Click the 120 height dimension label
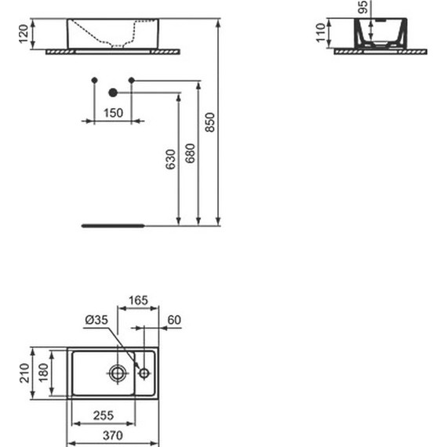pos(24,34)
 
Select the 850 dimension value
pos(210,122)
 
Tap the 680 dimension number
pos(190,154)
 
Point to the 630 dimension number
pos(170,159)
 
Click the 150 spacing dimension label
pos(113,113)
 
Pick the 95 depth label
pos(362,7)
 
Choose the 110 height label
pos(321,33)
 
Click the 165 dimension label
pos(138,300)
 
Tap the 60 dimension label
pos(174,320)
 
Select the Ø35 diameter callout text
pos(96,320)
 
